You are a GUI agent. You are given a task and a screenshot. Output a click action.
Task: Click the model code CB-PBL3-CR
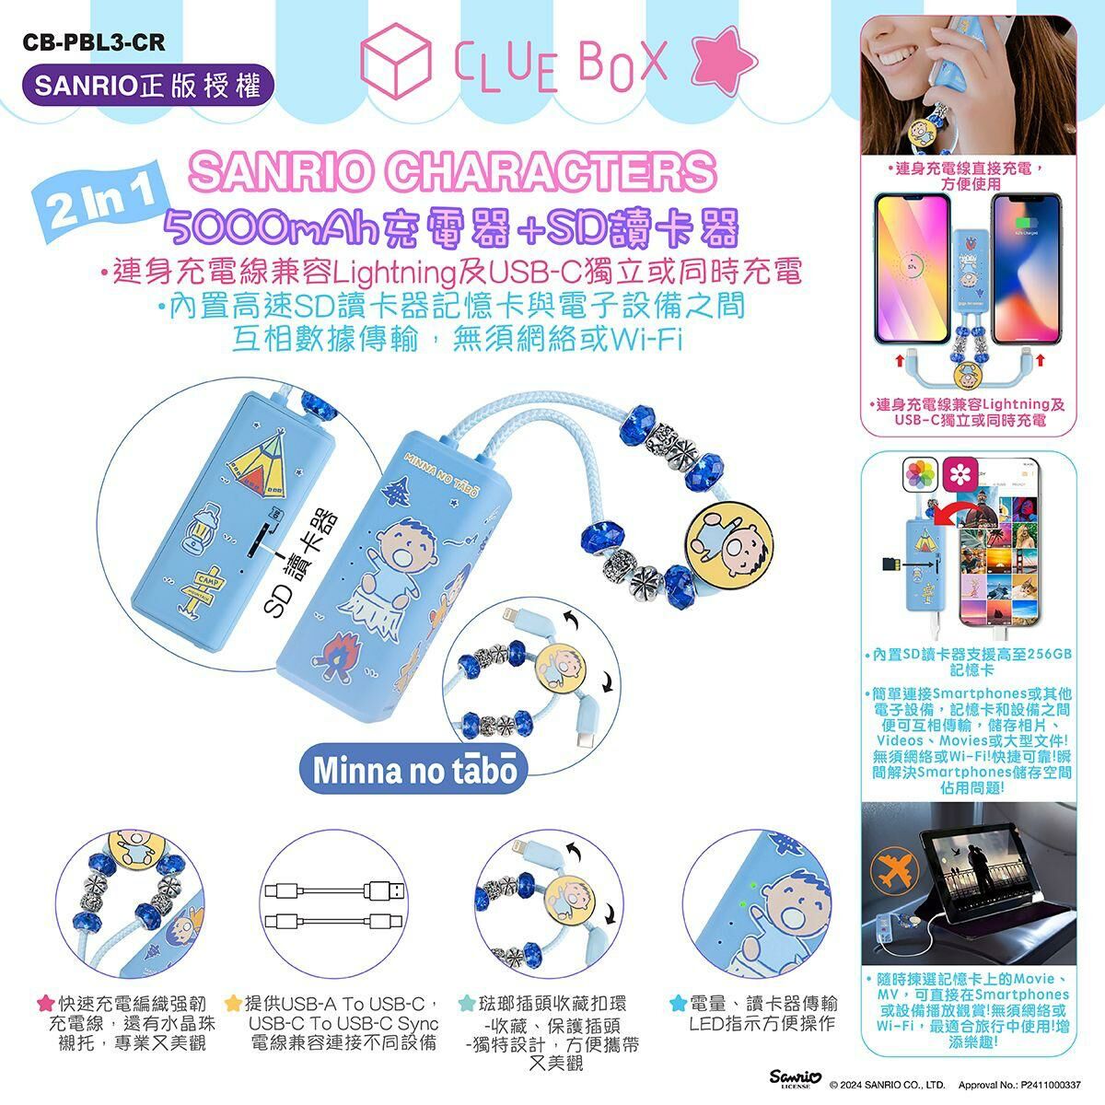coord(82,42)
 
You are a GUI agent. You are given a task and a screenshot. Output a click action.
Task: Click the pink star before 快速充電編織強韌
coord(44,1003)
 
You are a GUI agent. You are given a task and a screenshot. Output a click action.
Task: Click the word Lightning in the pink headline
coord(395,273)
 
